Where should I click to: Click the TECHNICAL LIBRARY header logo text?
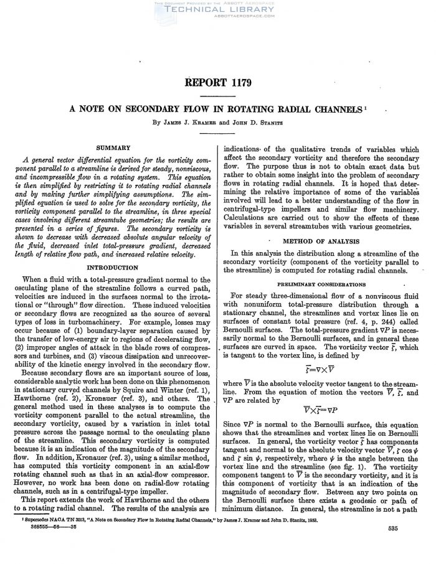(218, 11)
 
